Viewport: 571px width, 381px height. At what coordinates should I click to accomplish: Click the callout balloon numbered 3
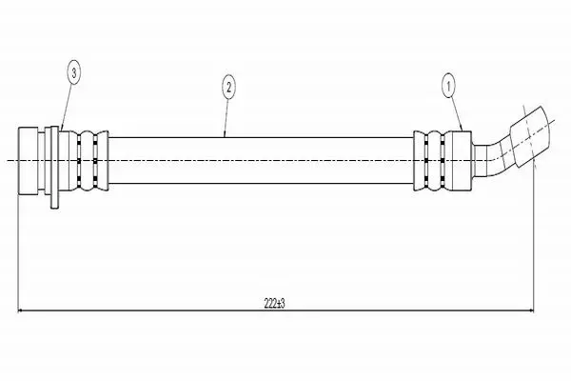point(74,73)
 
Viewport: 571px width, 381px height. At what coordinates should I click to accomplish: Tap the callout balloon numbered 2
point(228,88)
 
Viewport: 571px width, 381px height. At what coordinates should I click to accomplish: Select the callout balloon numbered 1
point(448,87)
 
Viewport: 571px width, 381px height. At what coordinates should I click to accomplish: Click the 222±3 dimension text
point(275,303)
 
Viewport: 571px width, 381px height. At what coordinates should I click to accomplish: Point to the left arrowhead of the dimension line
point(21,311)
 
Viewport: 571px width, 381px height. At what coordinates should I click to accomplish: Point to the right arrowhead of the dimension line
point(531,311)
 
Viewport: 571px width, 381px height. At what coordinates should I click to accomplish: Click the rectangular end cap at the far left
point(28,161)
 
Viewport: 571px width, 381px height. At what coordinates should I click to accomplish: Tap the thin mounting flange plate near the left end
point(54,168)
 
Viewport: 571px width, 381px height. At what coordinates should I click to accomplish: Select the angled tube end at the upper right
point(529,137)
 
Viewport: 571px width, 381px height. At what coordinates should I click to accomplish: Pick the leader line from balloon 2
point(226,118)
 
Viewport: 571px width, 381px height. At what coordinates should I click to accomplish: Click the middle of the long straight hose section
point(261,161)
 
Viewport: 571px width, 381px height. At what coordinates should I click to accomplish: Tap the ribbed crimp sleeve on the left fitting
point(89,161)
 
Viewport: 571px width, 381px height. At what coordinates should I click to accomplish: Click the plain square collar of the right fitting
point(462,161)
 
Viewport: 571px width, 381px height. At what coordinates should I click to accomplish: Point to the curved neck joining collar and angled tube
point(492,157)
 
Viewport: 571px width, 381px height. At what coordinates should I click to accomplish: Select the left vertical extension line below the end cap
point(18,252)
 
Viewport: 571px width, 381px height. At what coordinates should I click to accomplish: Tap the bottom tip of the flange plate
point(54,209)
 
